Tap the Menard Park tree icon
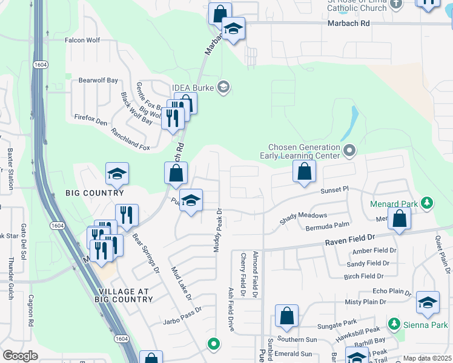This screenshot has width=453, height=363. (x=427, y=202)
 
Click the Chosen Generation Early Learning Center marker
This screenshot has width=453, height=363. (x=349, y=149)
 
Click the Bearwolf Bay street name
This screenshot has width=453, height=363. (x=99, y=80)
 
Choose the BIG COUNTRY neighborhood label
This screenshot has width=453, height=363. (x=94, y=193)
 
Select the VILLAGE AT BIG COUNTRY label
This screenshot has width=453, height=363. (x=124, y=295)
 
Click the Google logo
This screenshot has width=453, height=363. (x=20, y=356)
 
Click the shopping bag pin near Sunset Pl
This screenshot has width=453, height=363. (x=304, y=171)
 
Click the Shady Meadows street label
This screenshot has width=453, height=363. (x=303, y=218)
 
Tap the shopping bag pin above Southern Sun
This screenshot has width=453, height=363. (x=286, y=316)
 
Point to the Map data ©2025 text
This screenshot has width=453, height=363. (x=427, y=358)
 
